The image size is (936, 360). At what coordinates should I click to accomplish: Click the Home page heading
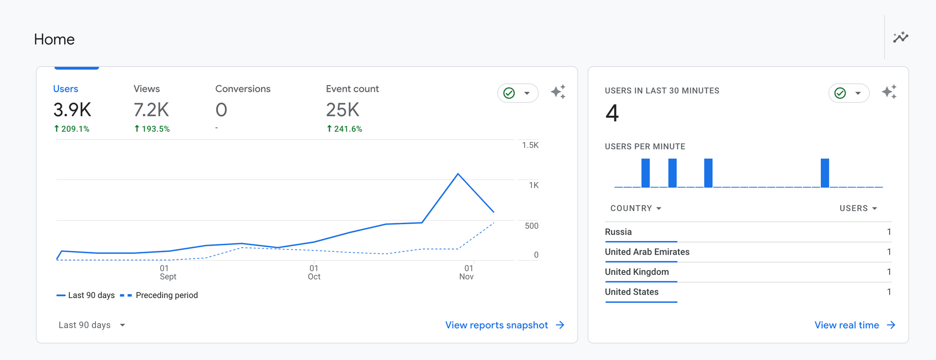[x=54, y=39]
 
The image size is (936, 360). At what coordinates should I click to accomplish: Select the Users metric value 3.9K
[x=72, y=110]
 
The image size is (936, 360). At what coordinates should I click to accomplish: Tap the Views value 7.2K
[x=151, y=110]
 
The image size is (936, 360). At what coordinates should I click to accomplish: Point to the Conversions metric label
[x=242, y=89]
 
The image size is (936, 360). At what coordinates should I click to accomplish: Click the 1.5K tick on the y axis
[x=530, y=145]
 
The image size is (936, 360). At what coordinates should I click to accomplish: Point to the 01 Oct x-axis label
[x=314, y=272]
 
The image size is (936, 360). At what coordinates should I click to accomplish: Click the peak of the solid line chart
[x=458, y=174]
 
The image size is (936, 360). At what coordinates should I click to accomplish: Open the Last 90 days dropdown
[x=92, y=325]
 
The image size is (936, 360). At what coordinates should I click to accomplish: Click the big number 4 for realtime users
[x=612, y=113]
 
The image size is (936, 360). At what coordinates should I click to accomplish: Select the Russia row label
[x=618, y=232]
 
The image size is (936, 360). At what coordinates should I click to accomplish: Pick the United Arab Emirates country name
[x=647, y=252]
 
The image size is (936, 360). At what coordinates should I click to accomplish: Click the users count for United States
[x=889, y=292]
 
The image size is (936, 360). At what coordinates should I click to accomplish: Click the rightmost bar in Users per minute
[x=825, y=173]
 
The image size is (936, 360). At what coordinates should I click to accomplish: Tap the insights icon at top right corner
[x=900, y=37]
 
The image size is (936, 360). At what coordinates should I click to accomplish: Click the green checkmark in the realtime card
[x=841, y=93]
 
